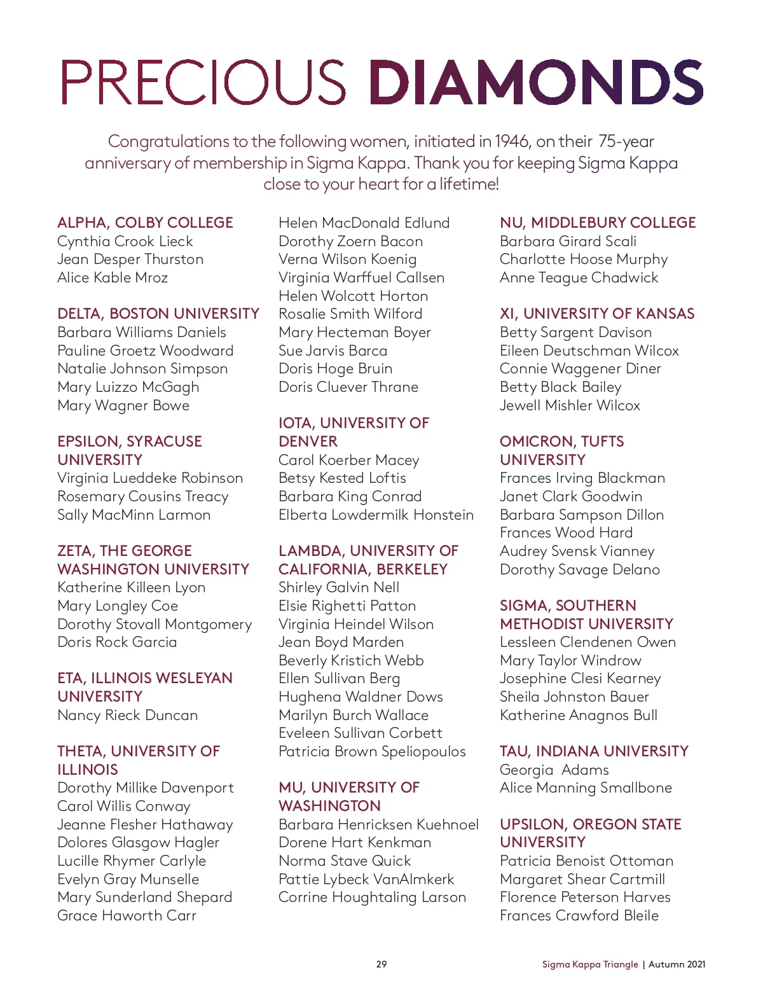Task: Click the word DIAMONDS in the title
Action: [535, 83]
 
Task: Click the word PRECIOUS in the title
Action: [203, 83]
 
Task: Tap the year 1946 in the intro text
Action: [512, 141]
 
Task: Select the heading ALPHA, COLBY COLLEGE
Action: [145, 223]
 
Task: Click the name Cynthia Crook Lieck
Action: [125, 241]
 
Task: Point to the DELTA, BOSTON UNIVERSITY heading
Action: [158, 314]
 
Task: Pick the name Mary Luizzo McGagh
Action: [128, 387]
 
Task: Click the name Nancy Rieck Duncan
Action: [127, 715]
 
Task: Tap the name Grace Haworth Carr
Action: [127, 915]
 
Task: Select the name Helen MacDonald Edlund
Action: [364, 223]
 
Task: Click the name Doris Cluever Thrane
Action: [348, 387]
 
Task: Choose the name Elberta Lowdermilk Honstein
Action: [376, 515]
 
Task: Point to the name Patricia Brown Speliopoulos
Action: [372, 751]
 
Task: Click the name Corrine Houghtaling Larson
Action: [372, 897]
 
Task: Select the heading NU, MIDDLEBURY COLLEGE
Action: [598, 223]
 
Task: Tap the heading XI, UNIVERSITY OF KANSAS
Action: [597, 314]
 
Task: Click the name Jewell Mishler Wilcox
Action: [570, 405]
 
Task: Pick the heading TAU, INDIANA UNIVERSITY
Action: [594, 751]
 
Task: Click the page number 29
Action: [381, 964]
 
